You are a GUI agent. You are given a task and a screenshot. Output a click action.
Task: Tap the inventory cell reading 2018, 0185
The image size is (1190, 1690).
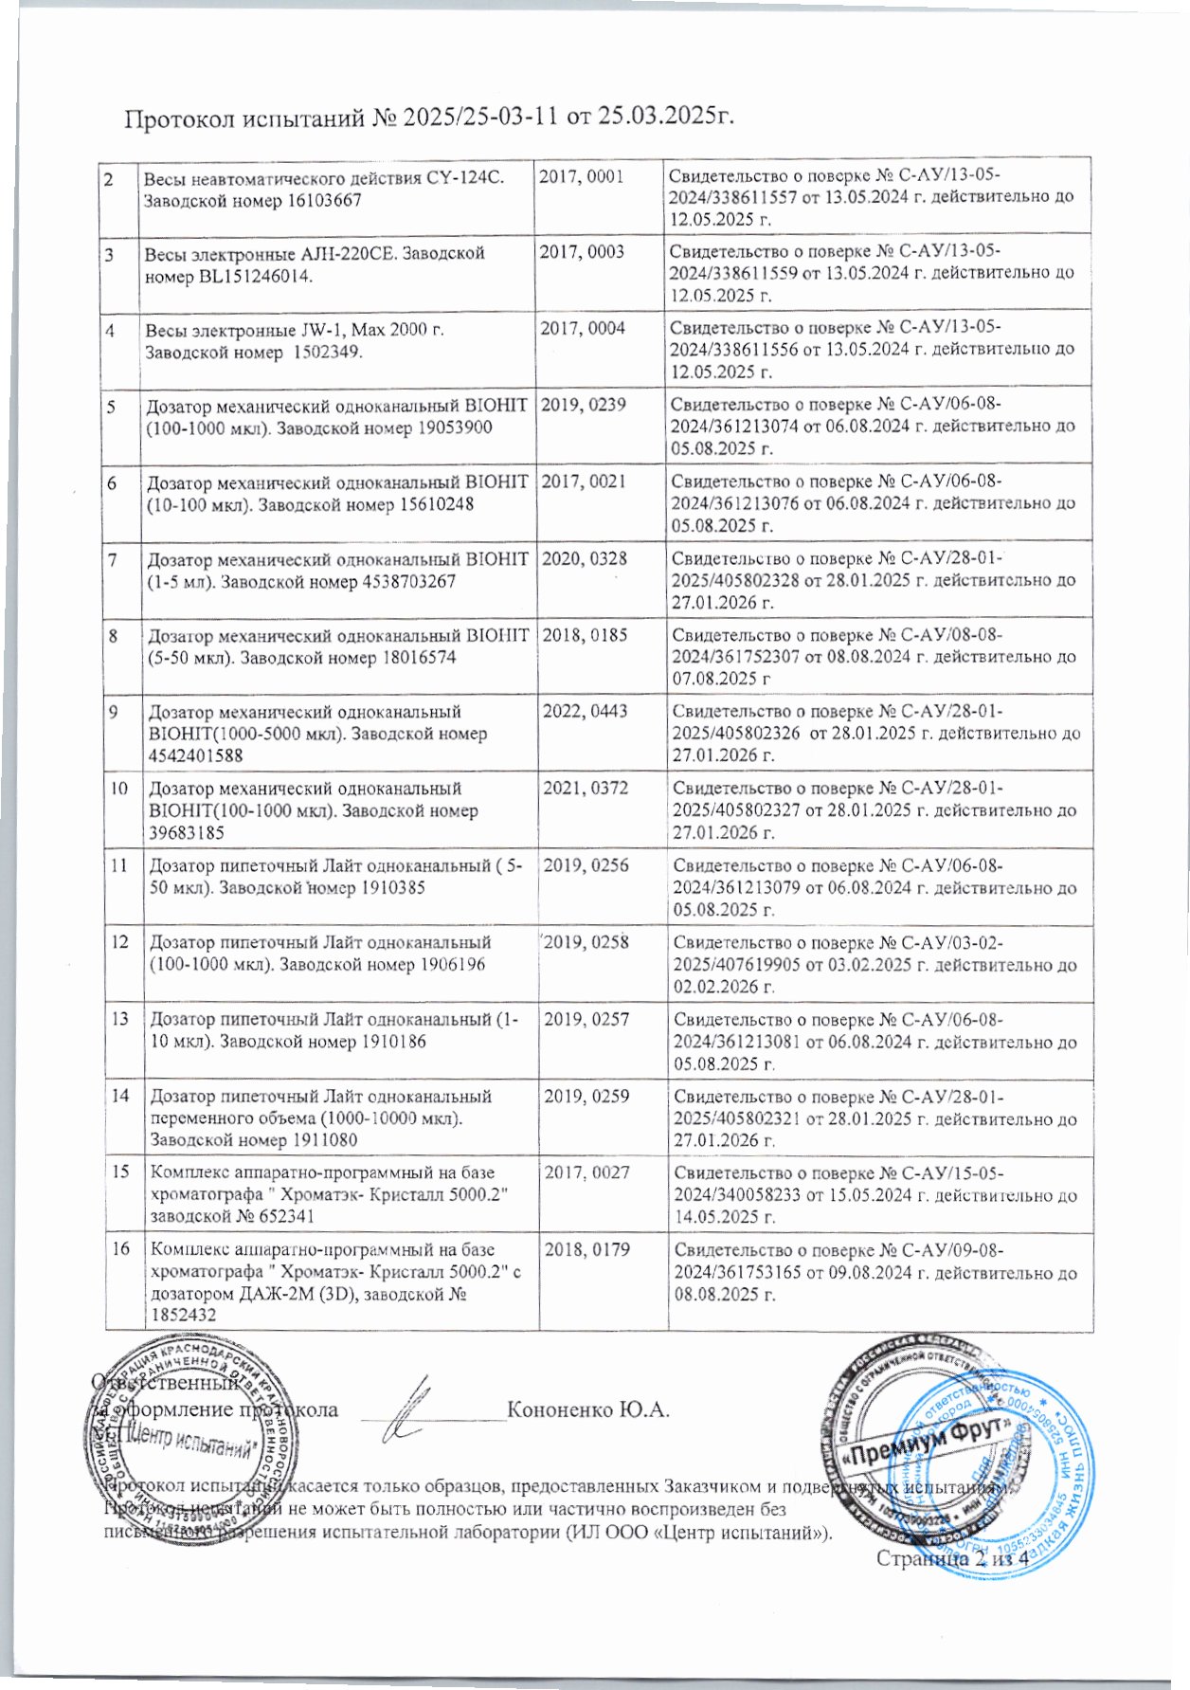pos(584,635)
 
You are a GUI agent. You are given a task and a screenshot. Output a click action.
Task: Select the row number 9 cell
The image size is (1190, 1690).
pos(114,712)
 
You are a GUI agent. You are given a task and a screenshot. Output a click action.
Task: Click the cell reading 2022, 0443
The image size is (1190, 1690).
pos(585,711)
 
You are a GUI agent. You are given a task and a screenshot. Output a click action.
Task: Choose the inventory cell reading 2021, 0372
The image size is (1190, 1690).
pos(585,789)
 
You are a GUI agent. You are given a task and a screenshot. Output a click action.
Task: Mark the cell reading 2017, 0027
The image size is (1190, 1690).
pos(586,1172)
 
